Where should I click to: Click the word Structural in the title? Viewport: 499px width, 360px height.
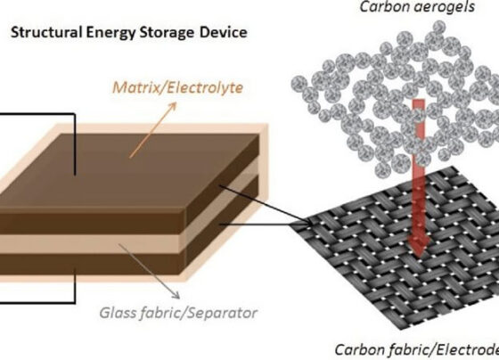click(45, 32)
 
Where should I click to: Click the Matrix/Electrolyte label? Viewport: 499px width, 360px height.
click(178, 87)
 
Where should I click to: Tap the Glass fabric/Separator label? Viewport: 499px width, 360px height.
click(178, 313)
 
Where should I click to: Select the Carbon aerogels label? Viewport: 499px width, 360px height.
click(417, 7)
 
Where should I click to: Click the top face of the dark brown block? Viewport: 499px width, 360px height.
click(127, 172)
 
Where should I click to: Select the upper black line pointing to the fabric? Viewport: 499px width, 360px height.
click(266, 205)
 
